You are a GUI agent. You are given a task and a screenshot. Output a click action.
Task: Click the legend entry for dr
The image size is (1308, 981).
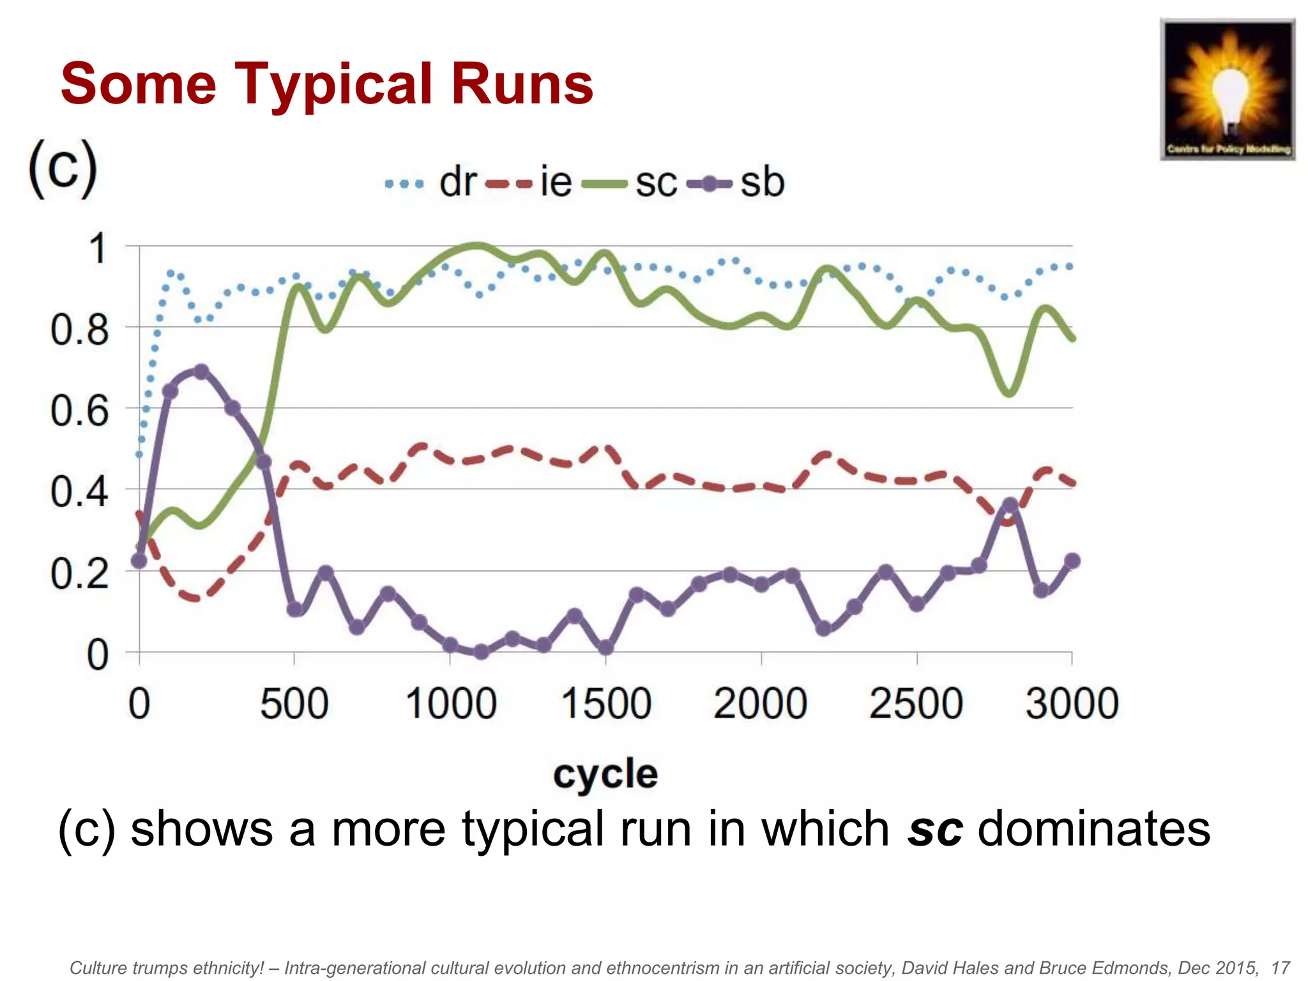(432, 183)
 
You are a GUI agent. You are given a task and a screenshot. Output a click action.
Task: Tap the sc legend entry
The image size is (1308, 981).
(629, 183)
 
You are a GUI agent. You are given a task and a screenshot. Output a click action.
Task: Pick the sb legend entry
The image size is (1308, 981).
(734, 183)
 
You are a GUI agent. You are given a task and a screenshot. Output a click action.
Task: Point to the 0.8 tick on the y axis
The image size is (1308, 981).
(80, 330)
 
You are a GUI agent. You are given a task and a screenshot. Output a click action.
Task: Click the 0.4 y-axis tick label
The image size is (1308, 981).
(80, 492)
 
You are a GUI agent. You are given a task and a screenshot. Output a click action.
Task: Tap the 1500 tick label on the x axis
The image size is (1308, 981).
(606, 704)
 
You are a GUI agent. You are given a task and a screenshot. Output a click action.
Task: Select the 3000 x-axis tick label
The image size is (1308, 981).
(1072, 704)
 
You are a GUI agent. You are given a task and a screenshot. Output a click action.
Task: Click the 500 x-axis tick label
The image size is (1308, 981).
(294, 704)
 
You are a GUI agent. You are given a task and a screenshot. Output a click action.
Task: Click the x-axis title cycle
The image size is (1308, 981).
(605, 774)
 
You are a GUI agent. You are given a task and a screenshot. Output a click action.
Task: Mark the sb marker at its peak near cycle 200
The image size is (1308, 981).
(201, 371)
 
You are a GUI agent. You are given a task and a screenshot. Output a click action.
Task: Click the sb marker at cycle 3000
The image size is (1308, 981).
(1072, 561)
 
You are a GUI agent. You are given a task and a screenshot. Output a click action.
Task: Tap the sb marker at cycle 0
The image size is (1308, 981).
(139, 561)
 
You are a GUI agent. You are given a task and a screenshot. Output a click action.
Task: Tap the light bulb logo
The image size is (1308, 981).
(1228, 89)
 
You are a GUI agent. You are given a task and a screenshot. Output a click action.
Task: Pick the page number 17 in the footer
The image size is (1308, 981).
(1280, 968)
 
